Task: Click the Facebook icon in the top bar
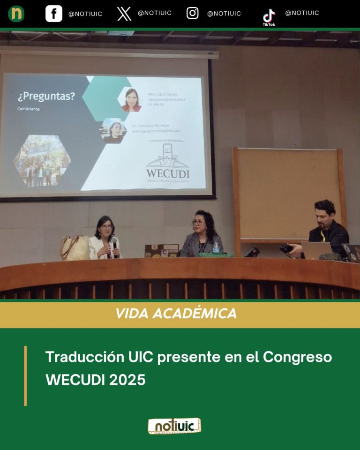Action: [x=54, y=14]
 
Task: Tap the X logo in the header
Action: [x=124, y=14]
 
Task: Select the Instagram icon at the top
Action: [x=193, y=13]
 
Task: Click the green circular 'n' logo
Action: [x=16, y=14]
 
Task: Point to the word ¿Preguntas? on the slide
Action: [x=46, y=97]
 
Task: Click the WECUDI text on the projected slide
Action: [x=167, y=173]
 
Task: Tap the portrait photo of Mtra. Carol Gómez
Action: [x=132, y=99]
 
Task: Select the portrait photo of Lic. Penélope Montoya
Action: [x=114, y=131]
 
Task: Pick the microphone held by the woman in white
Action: [x=114, y=243]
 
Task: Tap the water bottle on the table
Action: [x=216, y=247]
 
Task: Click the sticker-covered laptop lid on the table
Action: [x=161, y=251]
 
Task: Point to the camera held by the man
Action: [x=286, y=248]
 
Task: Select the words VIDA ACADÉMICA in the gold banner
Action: [x=176, y=314]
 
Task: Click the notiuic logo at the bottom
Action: [x=174, y=426]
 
